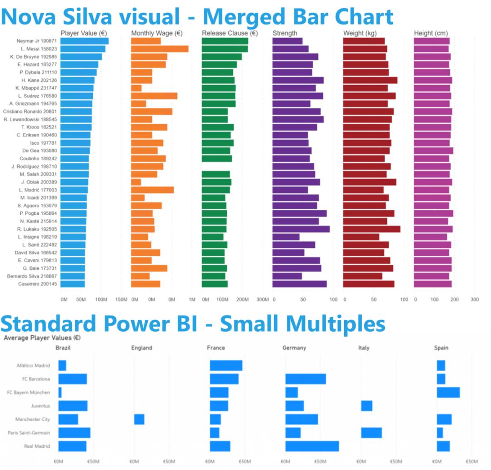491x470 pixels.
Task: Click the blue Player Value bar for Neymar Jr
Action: point(84,41)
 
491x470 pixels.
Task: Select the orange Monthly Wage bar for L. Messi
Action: point(160,49)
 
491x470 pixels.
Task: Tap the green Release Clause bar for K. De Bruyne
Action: point(221,57)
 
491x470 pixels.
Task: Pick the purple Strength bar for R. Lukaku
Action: point(301,229)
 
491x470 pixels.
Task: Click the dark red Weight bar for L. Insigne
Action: point(361,237)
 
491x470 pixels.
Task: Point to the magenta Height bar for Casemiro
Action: point(432,284)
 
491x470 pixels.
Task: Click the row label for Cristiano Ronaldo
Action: point(30,111)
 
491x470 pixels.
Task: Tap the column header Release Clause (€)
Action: point(230,33)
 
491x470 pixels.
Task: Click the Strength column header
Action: point(285,33)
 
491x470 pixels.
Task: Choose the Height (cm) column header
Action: point(431,33)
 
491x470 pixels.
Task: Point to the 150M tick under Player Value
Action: point(121,299)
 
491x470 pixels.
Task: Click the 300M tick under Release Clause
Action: point(263,299)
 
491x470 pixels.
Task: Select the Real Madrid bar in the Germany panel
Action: point(312,446)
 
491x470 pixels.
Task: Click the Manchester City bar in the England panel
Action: point(139,419)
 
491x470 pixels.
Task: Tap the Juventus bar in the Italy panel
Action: point(366,406)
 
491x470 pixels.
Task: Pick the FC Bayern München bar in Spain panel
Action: point(448,392)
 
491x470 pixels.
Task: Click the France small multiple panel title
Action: point(215,348)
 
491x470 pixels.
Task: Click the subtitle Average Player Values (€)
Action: point(42,338)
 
